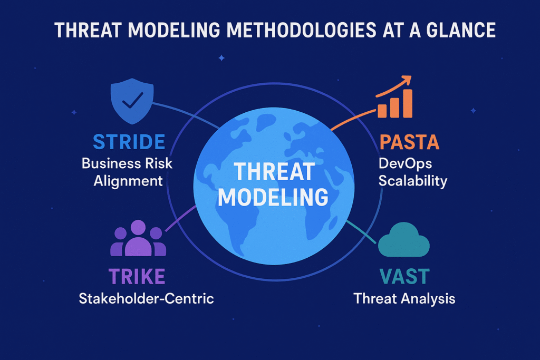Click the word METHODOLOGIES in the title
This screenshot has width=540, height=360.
[301, 30]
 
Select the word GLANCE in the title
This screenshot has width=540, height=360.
[461, 30]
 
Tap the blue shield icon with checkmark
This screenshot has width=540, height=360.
[132, 101]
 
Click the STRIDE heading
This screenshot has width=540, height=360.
[129, 142]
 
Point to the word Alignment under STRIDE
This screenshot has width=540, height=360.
[128, 181]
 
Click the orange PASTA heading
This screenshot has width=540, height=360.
[409, 142]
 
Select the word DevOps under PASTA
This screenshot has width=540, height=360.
[405, 164]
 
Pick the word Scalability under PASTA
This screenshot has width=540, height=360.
[412, 181]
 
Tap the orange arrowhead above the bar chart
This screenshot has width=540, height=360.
[407, 80]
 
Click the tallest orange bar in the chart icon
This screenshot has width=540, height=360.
[408, 104]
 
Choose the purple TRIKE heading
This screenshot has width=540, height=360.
[137, 276]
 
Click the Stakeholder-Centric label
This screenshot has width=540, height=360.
[147, 298]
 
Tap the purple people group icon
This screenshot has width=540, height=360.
[138, 238]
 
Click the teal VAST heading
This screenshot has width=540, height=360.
[404, 276]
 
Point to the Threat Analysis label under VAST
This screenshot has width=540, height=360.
[404, 298]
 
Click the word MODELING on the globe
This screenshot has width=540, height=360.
[273, 197]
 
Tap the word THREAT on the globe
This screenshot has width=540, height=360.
[274, 171]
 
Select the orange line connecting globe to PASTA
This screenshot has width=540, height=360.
[353, 119]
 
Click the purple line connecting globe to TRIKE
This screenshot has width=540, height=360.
[181, 219]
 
